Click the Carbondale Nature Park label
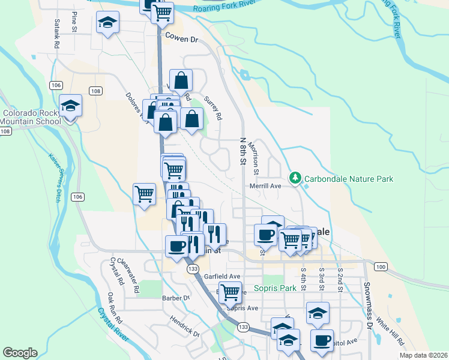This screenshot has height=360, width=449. click(x=348, y=178)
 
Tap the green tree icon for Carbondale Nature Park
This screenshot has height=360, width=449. click(x=295, y=178)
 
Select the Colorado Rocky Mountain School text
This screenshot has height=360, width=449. click(x=32, y=117)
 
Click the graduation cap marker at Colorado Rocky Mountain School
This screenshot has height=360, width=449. click(x=71, y=106)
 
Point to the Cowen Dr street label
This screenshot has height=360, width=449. click(x=182, y=38)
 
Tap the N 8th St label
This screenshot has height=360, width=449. click(x=243, y=151)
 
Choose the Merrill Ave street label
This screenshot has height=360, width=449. click(x=266, y=187)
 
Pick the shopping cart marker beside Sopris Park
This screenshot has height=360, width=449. click(x=230, y=293)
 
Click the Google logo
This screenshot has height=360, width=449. click(x=20, y=353)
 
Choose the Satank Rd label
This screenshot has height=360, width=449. click(x=56, y=34)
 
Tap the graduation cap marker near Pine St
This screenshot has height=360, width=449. click(x=107, y=23)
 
